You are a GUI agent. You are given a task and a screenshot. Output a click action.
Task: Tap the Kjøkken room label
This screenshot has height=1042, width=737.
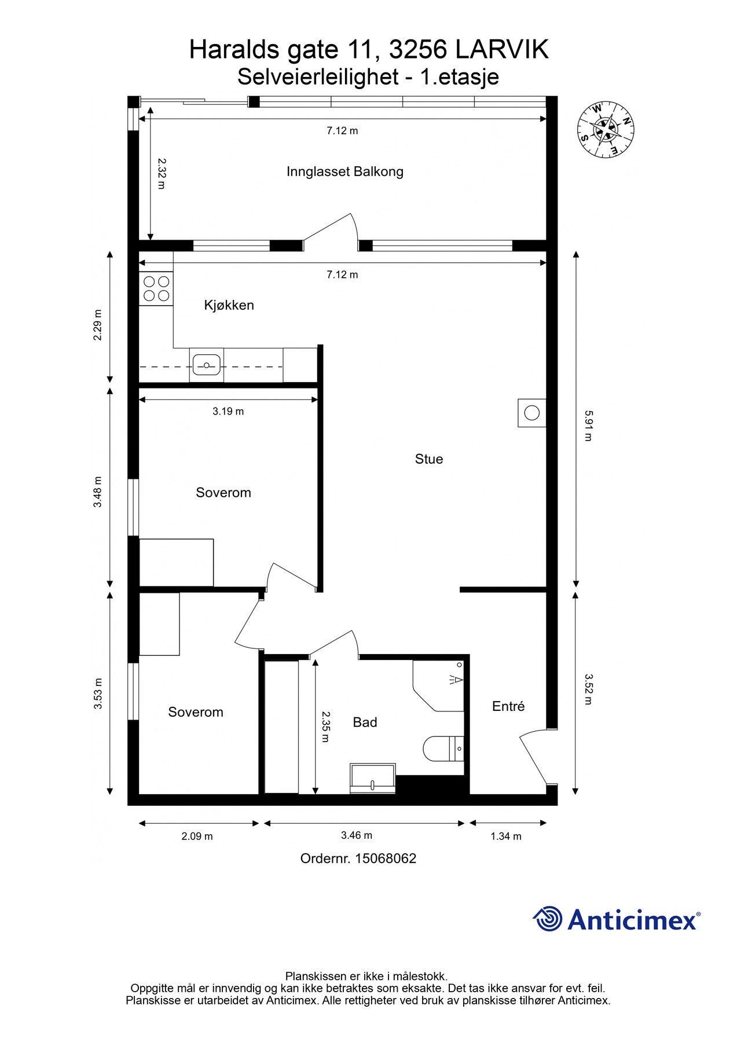coord(229,305)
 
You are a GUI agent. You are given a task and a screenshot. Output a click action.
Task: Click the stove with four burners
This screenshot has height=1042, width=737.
coord(156,289)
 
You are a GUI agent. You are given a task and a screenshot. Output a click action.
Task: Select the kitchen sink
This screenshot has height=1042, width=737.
coord(206,365)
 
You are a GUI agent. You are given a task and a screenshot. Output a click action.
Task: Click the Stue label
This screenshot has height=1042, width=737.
coord(429,459)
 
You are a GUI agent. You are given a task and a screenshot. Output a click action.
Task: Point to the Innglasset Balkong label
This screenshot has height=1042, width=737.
coord(344,171)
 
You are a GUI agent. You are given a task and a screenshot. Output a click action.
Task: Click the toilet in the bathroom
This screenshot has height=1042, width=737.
coord(443,749)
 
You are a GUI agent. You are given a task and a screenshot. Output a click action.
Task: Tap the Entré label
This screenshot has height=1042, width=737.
coord(508,706)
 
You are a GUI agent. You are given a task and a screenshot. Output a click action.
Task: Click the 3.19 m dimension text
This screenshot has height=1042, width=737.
coord(228,412)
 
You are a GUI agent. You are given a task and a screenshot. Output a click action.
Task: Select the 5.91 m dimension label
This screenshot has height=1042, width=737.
coord(588,425)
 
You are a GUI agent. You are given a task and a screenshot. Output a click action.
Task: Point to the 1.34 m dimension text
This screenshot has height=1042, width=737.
coord(505,836)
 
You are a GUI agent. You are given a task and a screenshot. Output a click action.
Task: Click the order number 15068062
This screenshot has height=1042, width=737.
coord(385,858)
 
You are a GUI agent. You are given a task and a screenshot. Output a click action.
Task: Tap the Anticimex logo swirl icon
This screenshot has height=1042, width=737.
coord(547,919)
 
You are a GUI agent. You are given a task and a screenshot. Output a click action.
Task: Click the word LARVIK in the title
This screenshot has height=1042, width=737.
coord(502,50)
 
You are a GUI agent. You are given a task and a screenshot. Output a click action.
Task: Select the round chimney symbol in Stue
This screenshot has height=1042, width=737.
coord(531,413)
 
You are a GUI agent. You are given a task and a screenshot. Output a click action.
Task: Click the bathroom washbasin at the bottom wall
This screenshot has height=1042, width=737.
coord(372,778)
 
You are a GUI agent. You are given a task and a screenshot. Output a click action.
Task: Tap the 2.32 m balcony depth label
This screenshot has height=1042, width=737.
coord(162,174)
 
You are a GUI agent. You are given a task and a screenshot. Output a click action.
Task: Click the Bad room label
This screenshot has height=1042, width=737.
coord(365,722)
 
